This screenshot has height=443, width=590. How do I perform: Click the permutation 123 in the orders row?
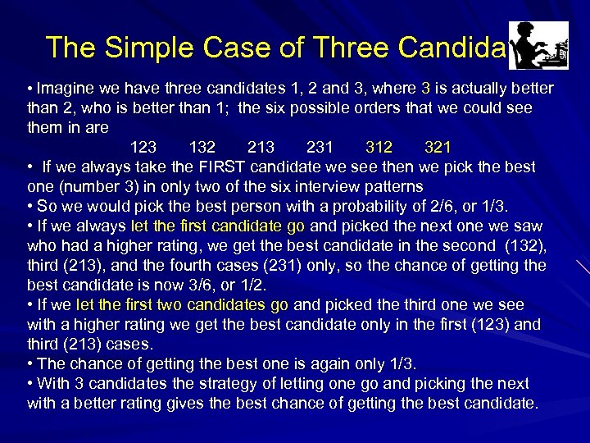coord(143,148)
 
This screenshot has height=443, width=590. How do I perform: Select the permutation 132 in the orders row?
coord(202,148)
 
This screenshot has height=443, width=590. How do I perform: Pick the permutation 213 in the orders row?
coord(261,148)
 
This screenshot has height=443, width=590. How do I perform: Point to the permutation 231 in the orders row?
coord(320,148)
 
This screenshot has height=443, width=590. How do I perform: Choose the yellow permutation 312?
coord(379,148)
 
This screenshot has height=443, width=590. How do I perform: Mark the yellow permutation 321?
coord(438,148)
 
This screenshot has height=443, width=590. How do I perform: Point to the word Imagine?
coord(65,89)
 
